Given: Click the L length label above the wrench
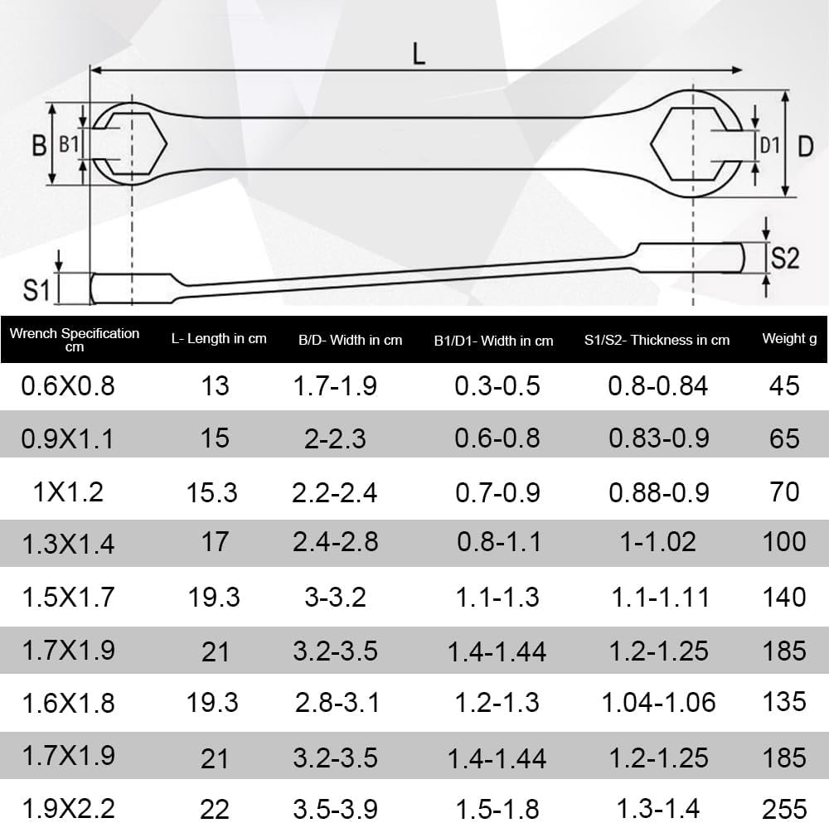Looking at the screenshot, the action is click(419, 54).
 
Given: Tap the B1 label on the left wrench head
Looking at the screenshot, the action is click(68, 143).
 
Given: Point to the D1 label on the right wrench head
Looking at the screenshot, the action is click(769, 145).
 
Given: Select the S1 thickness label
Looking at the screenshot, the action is click(36, 290).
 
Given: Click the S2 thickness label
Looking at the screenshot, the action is click(784, 259).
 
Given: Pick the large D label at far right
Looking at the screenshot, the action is click(805, 147).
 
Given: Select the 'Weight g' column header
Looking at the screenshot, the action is click(789, 339).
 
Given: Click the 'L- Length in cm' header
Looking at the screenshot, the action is click(219, 339).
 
